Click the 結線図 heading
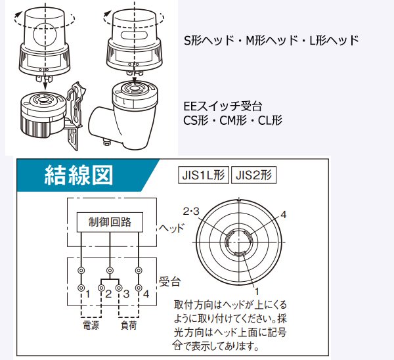coord(78,174)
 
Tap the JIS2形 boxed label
coord(255,175)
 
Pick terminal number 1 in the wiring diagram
coord(86,293)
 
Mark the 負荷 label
coord(127,324)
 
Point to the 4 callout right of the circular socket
coord(283,214)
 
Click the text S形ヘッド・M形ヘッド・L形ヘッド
coord(271,40)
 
